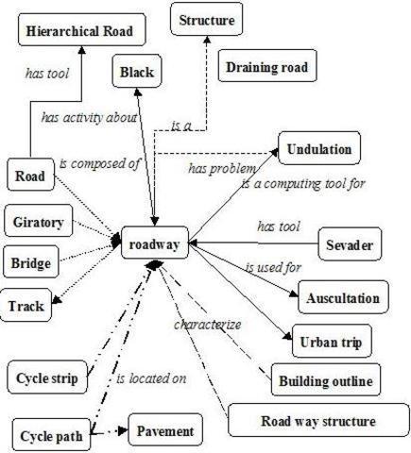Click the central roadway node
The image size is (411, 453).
(x=155, y=243)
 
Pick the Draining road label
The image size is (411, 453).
(x=266, y=67)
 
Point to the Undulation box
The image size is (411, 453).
(x=318, y=149)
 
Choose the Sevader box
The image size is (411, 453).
(x=350, y=245)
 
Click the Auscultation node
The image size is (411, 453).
(x=342, y=298)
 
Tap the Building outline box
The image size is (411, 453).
(x=324, y=381)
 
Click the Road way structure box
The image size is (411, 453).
(x=317, y=421)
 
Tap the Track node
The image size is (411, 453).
(x=26, y=305)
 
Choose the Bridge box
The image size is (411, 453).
(x=32, y=261)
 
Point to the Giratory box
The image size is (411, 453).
(x=38, y=222)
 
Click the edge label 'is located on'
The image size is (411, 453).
(x=151, y=379)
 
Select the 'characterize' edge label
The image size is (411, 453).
(x=207, y=325)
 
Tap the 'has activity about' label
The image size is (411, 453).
(x=90, y=118)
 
